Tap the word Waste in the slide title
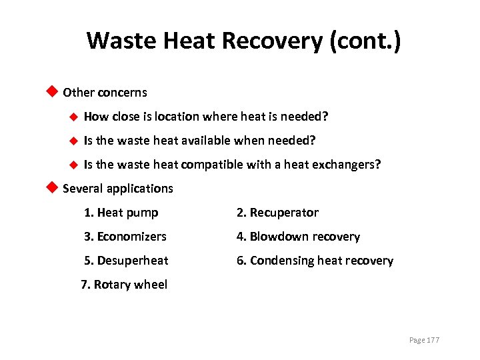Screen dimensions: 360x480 pyautogui.click(x=117, y=41)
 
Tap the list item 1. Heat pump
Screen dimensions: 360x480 pyautogui.click(x=121, y=213)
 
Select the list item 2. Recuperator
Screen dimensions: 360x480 pyautogui.click(x=277, y=213)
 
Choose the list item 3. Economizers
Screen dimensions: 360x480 pyautogui.click(x=125, y=237)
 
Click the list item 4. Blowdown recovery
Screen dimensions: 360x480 pyautogui.click(x=297, y=237)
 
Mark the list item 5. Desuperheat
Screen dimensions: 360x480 pyautogui.click(x=126, y=261)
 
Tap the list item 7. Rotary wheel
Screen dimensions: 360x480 pyautogui.click(x=124, y=285)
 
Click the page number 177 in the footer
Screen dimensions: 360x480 pyautogui.click(x=433, y=340)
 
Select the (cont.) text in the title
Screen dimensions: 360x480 pyautogui.click(x=365, y=41)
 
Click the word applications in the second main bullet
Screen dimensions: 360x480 pyautogui.click(x=143, y=189)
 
